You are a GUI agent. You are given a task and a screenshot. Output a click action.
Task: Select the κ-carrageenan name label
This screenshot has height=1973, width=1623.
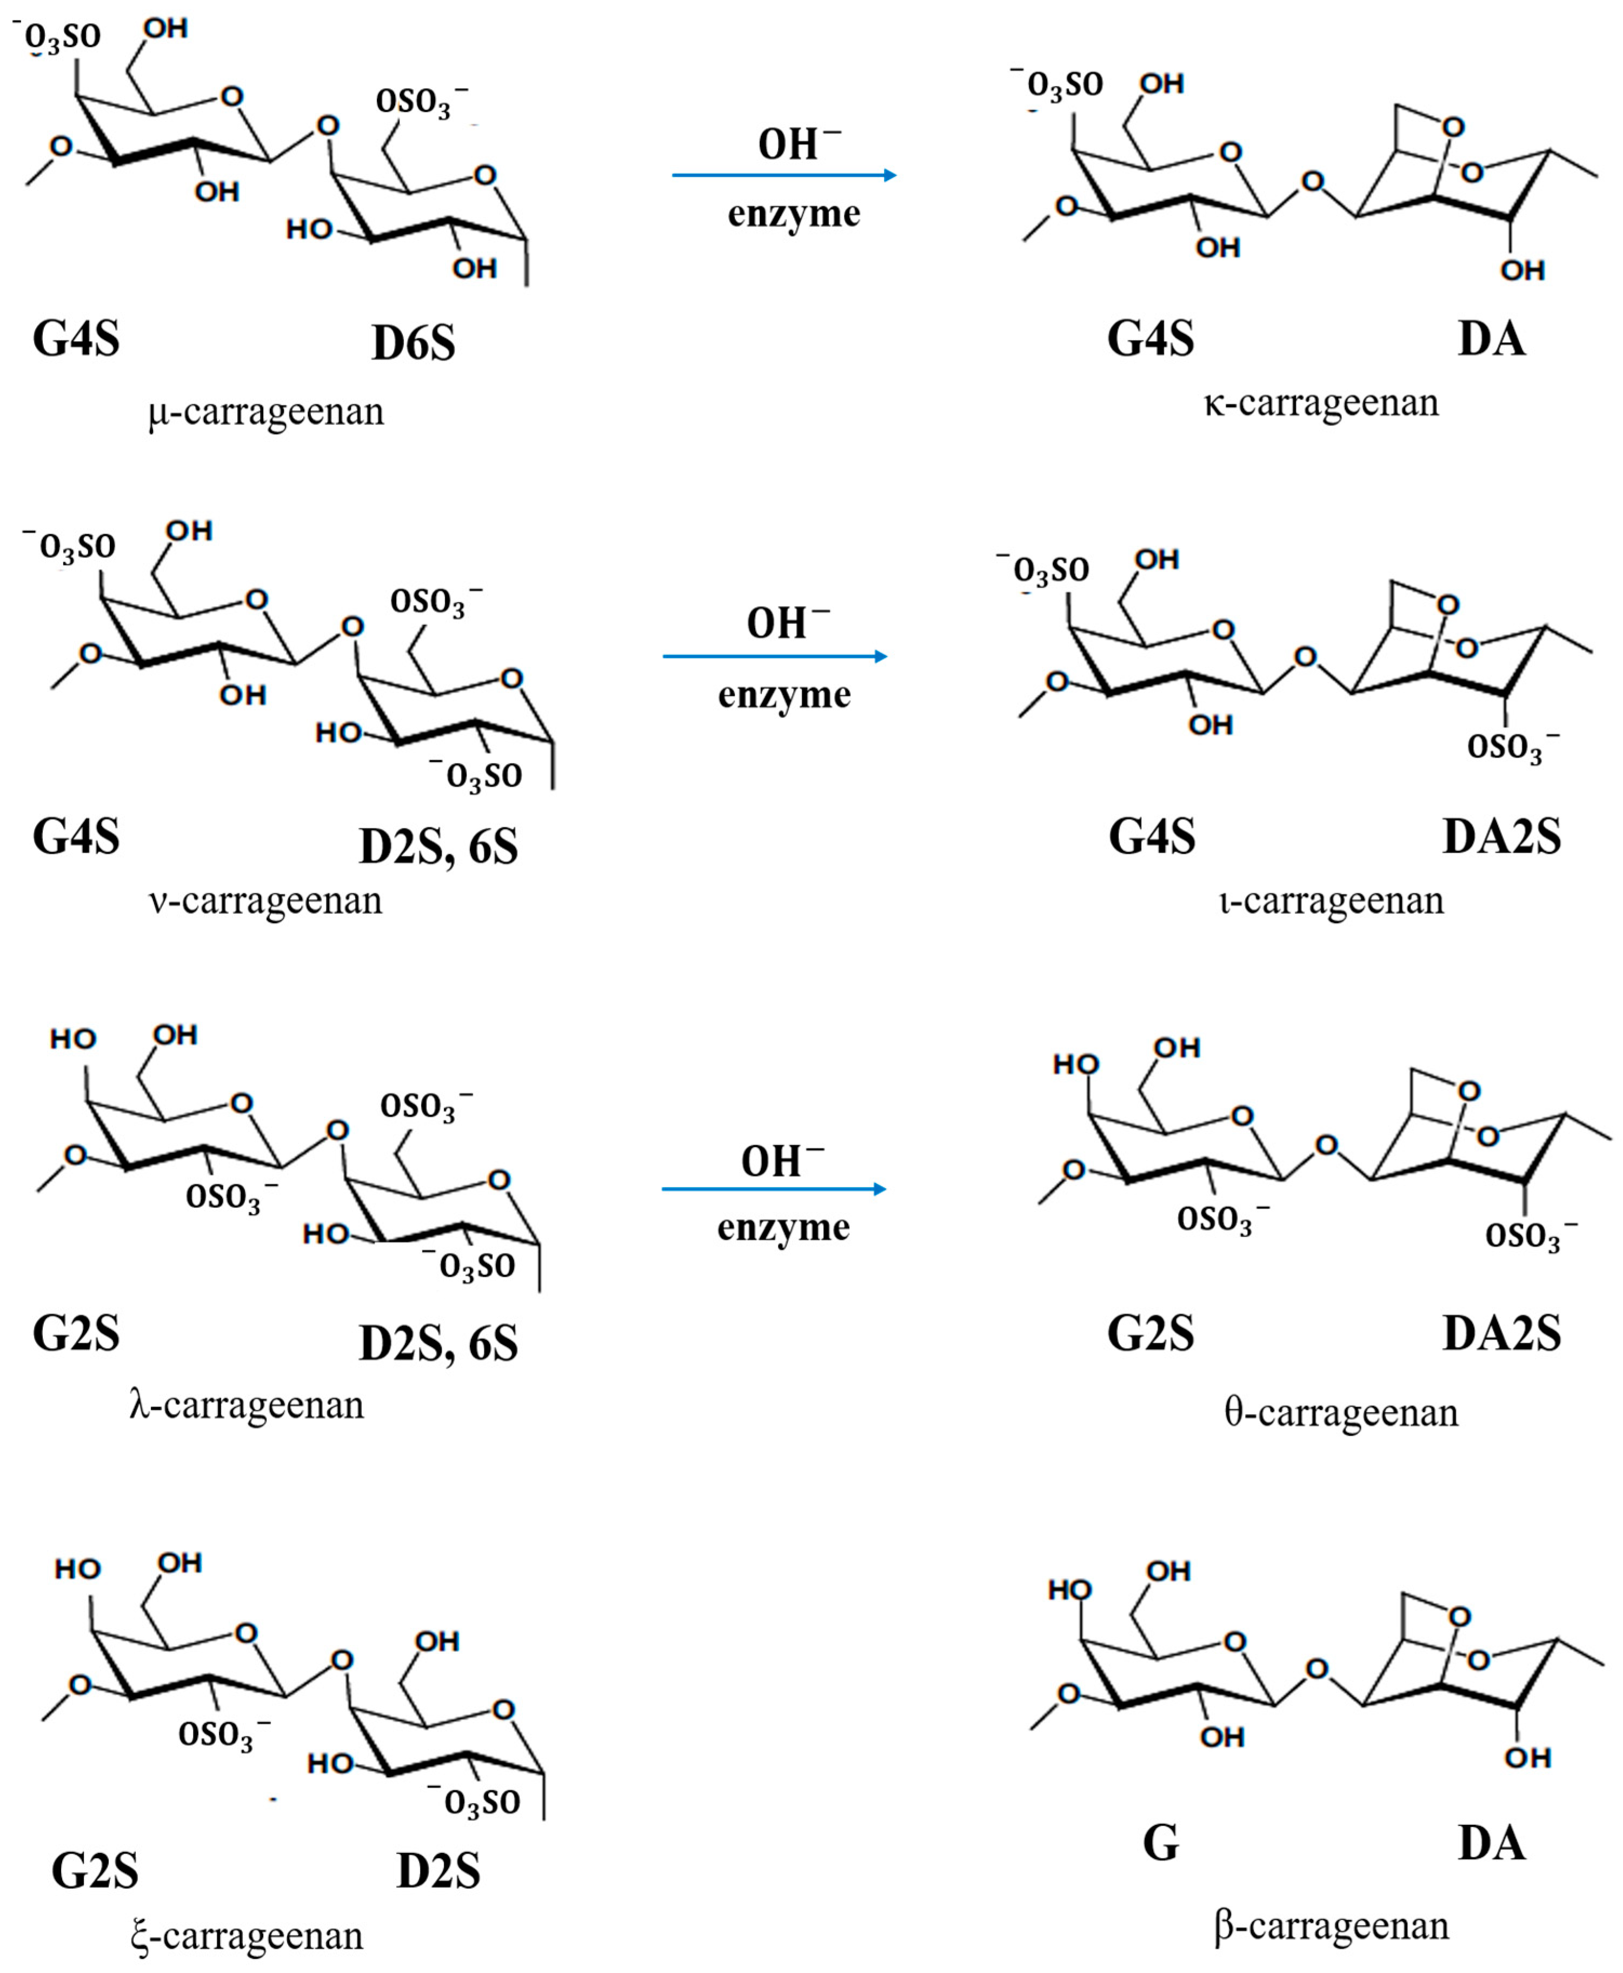[x=1321, y=403]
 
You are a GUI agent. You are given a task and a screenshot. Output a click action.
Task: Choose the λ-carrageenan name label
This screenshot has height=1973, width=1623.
[x=247, y=1405]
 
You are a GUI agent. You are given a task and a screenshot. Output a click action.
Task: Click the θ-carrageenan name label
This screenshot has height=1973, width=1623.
[x=1341, y=1412]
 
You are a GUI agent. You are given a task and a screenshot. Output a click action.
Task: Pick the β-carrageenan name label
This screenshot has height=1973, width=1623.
[x=1331, y=1927]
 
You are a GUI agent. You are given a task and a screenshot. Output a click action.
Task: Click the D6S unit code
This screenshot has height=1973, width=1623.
[x=413, y=343]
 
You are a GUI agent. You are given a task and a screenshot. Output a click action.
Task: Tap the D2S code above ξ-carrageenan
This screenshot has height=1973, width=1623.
[x=438, y=1871]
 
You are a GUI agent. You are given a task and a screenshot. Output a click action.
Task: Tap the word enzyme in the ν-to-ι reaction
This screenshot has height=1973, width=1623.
[x=784, y=695]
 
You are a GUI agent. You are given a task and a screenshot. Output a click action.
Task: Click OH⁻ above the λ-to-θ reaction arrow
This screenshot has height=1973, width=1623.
[x=782, y=1160]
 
